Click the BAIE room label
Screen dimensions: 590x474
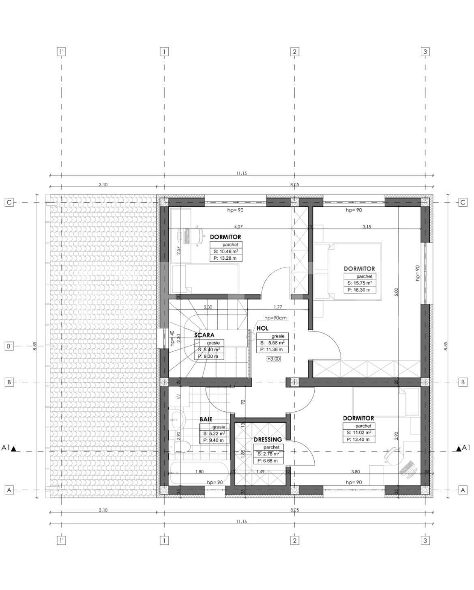pyautogui.click(x=206, y=420)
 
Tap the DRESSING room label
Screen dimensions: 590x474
pyautogui.click(x=268, y=439)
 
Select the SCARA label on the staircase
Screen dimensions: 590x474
pyautogui.click(x=204, y=336)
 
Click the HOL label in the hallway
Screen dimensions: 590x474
pyautogui.click(x=262, y=329)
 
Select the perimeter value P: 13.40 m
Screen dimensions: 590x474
pyautogui.click(x=358, y=439)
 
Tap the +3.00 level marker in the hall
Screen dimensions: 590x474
pyautogui.click(x=273, y=359)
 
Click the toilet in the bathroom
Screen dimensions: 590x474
pyautogui.click(x=179, y=447)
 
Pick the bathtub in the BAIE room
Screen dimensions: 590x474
pyautogui.click(x=199, y=473)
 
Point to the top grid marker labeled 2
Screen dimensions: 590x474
pyautogui.click(x=295, y=52)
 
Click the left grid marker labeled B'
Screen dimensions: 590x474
pyautogui.click(x=9, y=346)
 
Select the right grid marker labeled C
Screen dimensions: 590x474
pyautogui.click(x=463, y=202)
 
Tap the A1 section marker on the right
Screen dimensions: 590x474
pyautogui.click(x=463, y=448)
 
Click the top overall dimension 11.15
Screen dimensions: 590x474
pyautogui.click(x=241, y=173)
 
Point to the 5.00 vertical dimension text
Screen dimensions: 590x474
pyautogui.click(x=396, y=293)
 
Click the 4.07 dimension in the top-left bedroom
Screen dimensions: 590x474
pyautogui.click(x=238, y=227)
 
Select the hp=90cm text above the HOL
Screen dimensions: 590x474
pyautogui.click(x=275, y=318)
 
